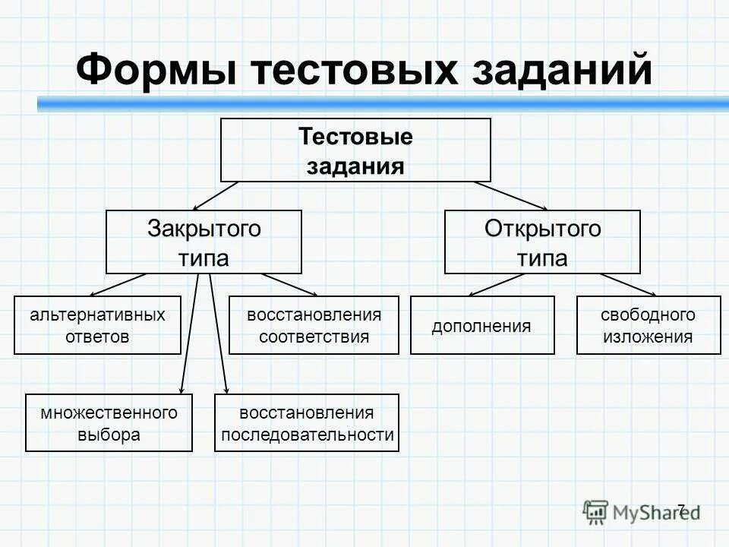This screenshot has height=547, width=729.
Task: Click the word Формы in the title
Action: (x=156, y=71)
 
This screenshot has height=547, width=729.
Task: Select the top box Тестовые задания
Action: (x=355, y=150)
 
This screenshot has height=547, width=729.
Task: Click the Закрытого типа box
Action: (x=204, y=242)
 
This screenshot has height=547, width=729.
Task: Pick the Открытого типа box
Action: (x=542, y=242)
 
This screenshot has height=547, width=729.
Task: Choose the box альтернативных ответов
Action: (x=97, y=325)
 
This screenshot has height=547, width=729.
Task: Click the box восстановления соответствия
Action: (x=314, y=325)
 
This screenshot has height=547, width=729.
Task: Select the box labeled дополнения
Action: (x=482, y=325)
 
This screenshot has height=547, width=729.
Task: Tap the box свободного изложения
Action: (x=649, y=325)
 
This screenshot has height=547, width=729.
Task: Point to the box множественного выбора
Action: (x=109, y=423)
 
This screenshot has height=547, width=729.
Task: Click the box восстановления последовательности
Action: (x=307, y=423)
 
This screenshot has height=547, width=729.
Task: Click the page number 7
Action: (x=680, y=509)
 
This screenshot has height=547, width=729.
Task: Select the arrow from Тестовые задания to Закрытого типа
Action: (x=216, y=195)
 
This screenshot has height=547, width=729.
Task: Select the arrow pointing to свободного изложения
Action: (x=630, y=284)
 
